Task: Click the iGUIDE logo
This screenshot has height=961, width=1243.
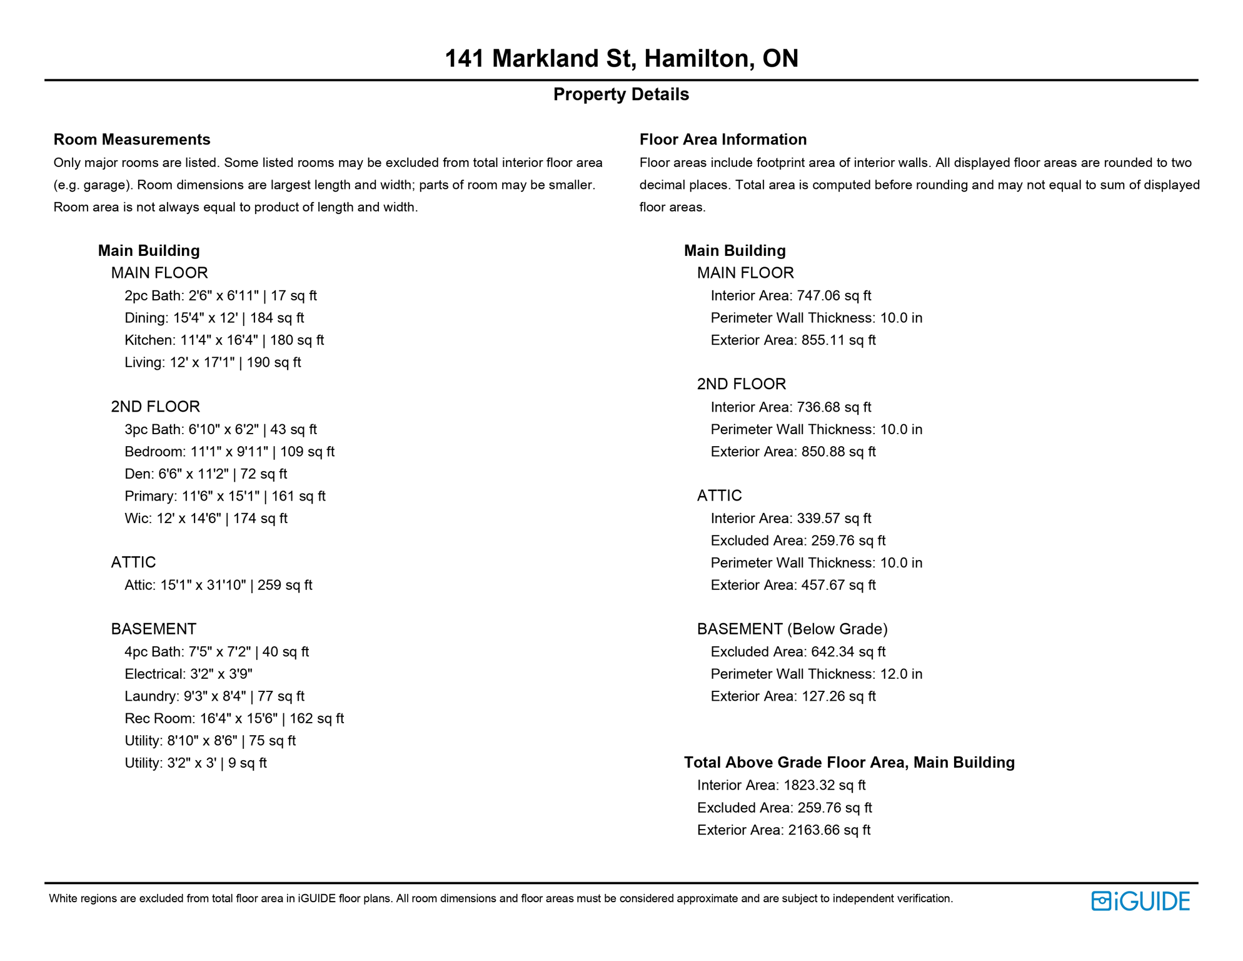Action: pos(1140,901)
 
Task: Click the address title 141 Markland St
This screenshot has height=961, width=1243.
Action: pos(621,59)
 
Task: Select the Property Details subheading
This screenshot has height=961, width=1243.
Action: pos(621,94)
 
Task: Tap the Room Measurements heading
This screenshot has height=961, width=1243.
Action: pos(132,140)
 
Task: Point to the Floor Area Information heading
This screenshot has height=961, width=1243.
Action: pos(723,140)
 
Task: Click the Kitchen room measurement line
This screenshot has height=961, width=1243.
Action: pos(224,340)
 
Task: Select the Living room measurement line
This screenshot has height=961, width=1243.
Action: pos(213,363)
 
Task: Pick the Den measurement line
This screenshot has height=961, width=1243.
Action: pos(206,474)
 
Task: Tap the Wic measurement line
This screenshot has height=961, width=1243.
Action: pos(206,519)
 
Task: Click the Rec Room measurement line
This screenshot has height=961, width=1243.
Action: pos(234,719)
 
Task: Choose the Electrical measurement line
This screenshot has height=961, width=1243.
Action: pos(188,674)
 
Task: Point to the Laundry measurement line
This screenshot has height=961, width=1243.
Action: pos(214,696)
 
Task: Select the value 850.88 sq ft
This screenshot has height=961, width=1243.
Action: pos(838,452)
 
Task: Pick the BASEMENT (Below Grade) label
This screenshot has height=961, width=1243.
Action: pos(792,629)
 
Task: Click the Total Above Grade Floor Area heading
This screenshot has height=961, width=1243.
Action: pos(849,763)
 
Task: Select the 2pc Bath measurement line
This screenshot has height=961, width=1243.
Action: pos(220,296)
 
